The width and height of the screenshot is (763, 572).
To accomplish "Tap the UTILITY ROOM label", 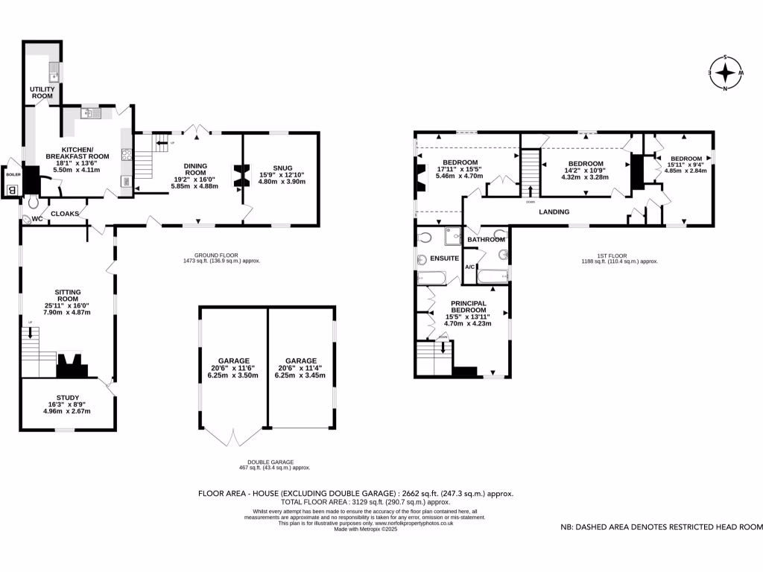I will coord(42,92).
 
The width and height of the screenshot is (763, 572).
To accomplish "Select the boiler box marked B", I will coord(11,189).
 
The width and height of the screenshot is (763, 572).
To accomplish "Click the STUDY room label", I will coord(67,398).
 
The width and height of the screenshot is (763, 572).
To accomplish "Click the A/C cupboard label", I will coord(470,267).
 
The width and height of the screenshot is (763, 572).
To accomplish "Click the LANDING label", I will coord(554,212).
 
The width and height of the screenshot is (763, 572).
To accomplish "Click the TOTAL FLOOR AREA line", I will coord(355,503).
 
